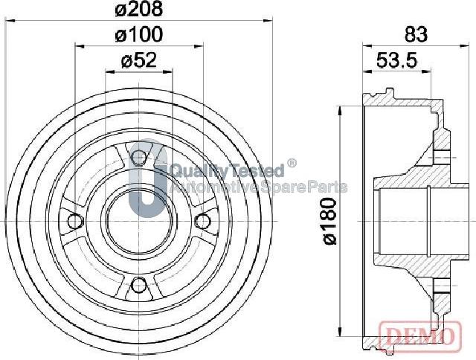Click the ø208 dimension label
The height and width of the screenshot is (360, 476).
click(139, 10)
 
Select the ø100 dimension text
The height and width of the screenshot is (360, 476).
click(139, 34)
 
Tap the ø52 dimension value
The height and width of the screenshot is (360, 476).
click(139, 61)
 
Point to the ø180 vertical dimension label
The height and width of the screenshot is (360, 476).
click(332, 222)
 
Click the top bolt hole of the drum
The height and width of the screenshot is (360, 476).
click(138, 157)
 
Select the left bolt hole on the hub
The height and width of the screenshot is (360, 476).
click(73, 221)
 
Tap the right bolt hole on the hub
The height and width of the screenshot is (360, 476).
click(202, 221)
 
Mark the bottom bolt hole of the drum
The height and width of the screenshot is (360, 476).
click(138, 285)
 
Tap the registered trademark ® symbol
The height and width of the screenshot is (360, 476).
click(292, 163)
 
